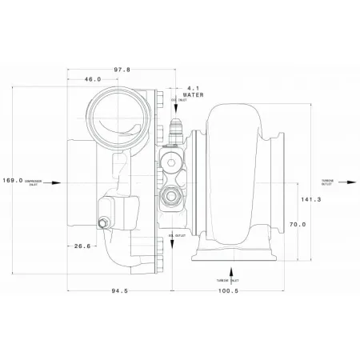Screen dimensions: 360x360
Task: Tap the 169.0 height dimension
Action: pos(14,181)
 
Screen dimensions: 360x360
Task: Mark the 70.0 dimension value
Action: pos(297,225)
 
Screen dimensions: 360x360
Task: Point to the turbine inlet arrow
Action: pos(231,272)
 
